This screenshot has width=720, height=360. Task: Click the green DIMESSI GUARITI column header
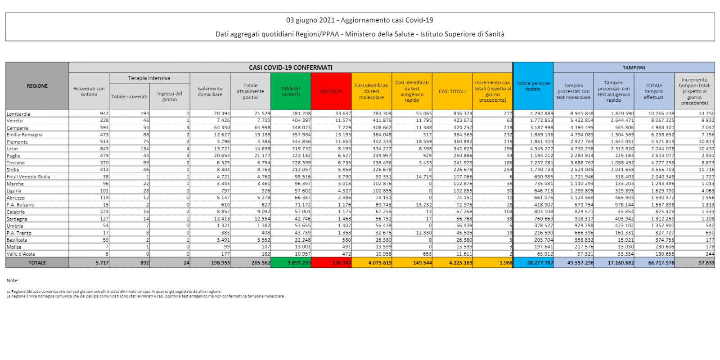(x=290, y=91)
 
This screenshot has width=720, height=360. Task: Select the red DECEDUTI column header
(x=331, y=91)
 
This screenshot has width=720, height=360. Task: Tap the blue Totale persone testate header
(x=533, y=86)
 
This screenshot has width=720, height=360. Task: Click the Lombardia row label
(x=18, y=114)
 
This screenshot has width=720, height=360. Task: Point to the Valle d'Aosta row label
(x=21, y=254)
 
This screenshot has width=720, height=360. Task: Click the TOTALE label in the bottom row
(x=37, y=263)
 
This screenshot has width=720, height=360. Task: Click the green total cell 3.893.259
(x=298, y=263)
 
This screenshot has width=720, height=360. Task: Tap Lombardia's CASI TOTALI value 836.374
(x=461, y=114)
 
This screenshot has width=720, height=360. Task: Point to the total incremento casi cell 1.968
(x=505, y=263)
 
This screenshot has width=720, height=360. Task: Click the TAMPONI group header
(x=634, y=67)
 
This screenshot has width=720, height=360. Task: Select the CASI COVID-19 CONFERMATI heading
(x=290, y=67)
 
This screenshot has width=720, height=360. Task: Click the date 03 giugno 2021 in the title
(x=312, y=20)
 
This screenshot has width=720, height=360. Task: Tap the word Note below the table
(x=13, y=281)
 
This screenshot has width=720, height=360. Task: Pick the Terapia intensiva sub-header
(x=149, y=78)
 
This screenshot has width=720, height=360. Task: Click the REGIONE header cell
(x=37, y=86)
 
